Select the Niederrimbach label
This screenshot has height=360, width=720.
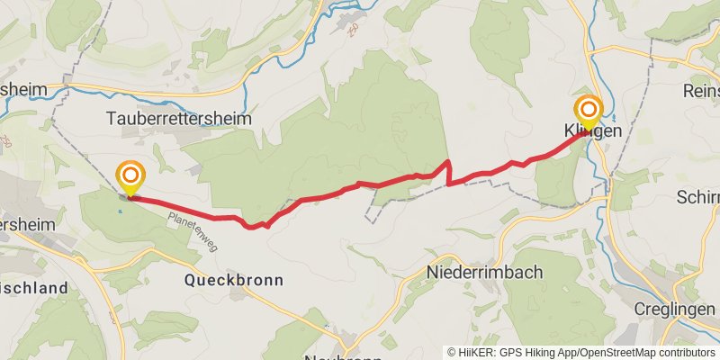[x=486, y=270]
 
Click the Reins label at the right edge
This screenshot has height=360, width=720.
[x=701, y=92]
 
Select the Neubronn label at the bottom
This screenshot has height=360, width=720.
[x=344, y=356]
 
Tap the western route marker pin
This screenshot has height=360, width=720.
[x=130, y=177]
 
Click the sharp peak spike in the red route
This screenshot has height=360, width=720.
[x=448, y=162]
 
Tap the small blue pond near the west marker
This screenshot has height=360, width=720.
[x=119, y=212]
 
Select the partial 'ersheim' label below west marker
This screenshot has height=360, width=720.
[x=27, y=224]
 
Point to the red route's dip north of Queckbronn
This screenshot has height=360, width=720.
[x=255, y=226]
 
